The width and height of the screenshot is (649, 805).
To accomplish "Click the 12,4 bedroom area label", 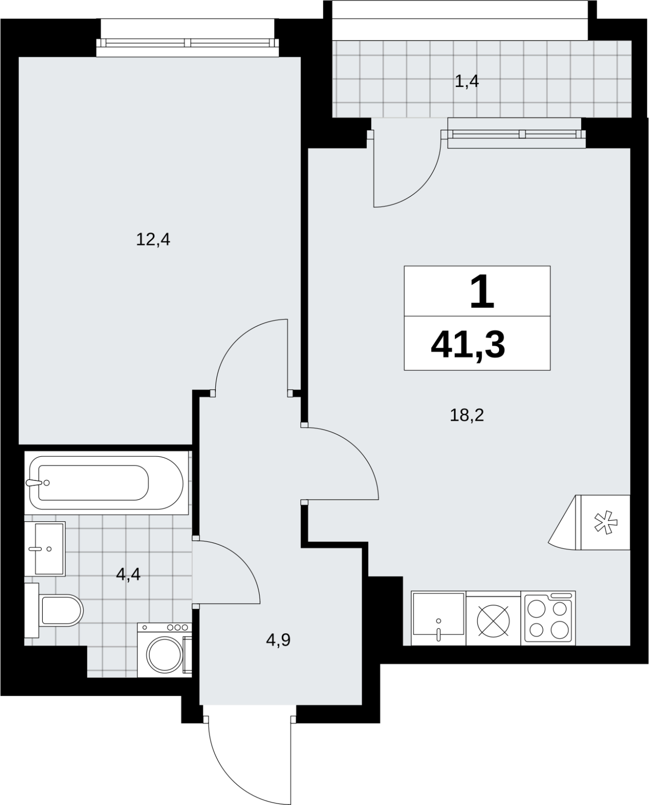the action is pos(153,240).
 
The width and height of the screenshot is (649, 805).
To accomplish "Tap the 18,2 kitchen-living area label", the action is pos(467,415).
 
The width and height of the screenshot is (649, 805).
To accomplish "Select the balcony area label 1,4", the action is pos(467,82).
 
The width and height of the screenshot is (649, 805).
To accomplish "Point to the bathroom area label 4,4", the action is pos(128,574).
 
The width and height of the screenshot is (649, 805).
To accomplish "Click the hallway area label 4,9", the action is pos(278,640).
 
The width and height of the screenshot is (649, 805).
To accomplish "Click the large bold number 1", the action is pos(482,292).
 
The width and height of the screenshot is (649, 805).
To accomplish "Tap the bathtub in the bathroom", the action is pos(107,483).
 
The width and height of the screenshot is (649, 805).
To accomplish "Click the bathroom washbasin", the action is pos(45,549).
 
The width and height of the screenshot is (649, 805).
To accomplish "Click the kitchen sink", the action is pos(438,618).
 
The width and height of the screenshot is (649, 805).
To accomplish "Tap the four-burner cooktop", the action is pos(548,618).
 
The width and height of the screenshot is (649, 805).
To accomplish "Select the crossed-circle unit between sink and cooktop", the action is pos(494,620).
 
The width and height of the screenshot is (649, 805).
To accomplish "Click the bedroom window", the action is pos(188,43).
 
